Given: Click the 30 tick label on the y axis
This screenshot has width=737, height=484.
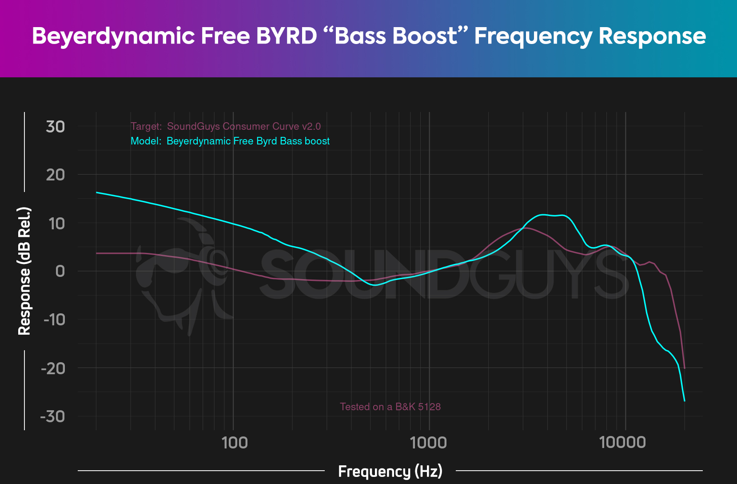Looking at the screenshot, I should pos(56,127).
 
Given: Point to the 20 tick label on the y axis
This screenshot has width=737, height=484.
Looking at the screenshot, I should pos(56,175).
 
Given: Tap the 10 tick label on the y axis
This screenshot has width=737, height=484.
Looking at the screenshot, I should pos(57,224).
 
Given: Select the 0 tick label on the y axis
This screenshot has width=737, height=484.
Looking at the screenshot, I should pos(60,272).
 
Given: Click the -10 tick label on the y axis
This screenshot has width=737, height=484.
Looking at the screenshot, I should pos(54,320).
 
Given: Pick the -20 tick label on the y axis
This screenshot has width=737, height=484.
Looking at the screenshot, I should pos(53,368).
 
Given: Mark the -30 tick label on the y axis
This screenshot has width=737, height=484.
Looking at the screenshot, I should pos(53,417).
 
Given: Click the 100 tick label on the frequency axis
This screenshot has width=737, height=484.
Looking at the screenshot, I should pos(234,443).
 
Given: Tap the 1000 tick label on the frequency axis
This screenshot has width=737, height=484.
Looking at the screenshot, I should pos(429,443).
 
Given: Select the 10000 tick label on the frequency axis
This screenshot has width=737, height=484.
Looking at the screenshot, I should pos(622,443).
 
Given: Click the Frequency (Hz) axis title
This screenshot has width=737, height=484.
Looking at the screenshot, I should pos(390,471).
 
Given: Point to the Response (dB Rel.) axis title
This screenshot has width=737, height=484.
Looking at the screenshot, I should pos(24,271).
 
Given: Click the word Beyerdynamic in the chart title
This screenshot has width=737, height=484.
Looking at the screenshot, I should pos(113,36).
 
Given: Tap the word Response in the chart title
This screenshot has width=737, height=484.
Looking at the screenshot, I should pos(652,36).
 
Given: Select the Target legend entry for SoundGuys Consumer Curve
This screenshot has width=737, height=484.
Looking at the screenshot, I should pos(226,127).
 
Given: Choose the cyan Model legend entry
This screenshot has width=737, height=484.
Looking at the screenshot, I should pos(230,141).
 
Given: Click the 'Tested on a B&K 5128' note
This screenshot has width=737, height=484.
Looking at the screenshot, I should pos(390,407).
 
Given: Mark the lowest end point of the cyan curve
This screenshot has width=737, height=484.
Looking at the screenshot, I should pos(685,401).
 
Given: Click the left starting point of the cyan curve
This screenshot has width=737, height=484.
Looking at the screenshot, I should pos(97,192).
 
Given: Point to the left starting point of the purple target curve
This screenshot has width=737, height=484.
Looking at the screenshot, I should pos(97,253).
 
